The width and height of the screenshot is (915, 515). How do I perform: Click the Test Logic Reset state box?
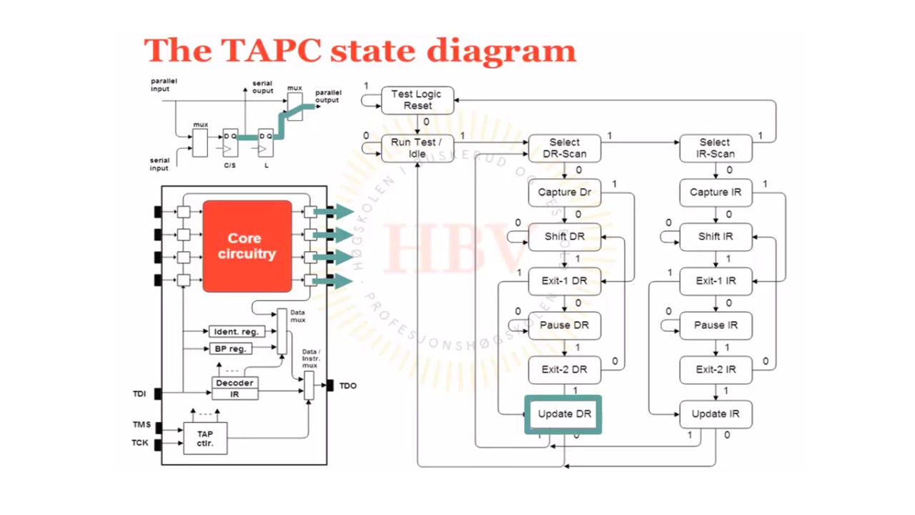pos(417,100)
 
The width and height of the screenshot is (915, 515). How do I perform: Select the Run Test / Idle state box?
pos(417,148)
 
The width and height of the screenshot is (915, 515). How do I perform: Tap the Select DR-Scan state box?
pos(564,148)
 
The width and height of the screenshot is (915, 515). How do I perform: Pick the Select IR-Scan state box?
pos(715,148)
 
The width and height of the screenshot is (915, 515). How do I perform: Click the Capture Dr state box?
pos(564,192)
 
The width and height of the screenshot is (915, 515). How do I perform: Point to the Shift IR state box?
pos(716,237)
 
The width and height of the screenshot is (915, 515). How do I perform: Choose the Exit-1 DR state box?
pos(564,281)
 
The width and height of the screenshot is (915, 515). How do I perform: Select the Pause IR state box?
pos(716,325)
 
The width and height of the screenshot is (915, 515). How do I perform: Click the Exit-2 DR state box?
pos(564,370)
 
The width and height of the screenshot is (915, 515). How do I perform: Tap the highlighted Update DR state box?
pos(564,414)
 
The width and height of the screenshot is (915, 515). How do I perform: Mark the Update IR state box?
pos(716,414)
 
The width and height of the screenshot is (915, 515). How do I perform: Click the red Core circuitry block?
pos(247,246)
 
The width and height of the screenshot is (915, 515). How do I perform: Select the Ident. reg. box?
pos(236,332)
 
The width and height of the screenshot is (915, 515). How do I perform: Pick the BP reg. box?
pos(230,349)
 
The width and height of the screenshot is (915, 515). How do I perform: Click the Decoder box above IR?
pos(234,383)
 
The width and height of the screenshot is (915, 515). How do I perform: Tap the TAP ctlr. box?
pos(205,438)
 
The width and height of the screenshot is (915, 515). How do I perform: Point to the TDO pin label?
pos(348,386)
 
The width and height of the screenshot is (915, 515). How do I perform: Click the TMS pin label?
pos(142,425)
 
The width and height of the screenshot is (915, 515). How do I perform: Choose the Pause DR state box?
pos(564,325)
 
